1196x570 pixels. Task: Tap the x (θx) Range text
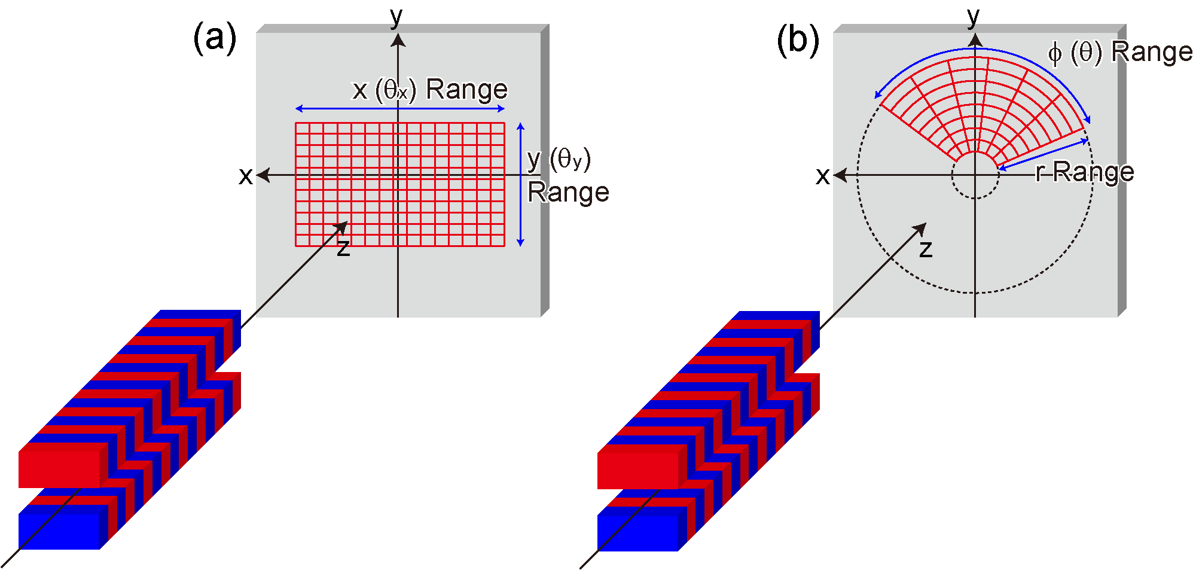pos(430,90)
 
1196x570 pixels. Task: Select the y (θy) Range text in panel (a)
pos(568,176)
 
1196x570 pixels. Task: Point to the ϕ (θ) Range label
pos(1120,52)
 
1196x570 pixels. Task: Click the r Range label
pos(1085,172)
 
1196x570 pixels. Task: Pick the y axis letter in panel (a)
pos(396,17)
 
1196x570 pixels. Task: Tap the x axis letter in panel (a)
pos(245,176)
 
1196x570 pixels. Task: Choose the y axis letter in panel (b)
pos(974,17)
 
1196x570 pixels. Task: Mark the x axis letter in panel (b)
pos(823,176)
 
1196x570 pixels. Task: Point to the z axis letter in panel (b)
pos(926,249)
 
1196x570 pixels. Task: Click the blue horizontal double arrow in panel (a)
pos(400,109)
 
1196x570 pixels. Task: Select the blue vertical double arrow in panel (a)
pos(521,184)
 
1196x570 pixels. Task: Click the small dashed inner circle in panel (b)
pos(975,199)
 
